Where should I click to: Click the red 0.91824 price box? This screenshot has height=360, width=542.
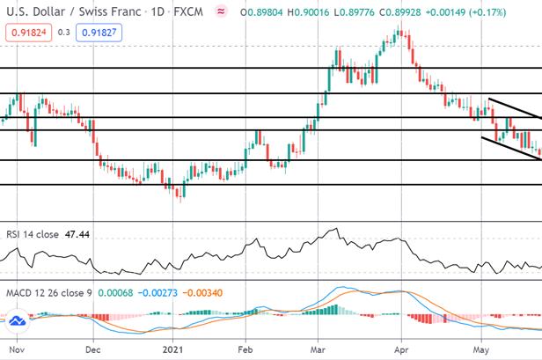coord(29,33)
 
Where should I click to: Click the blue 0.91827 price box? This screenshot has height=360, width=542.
coord(99,33)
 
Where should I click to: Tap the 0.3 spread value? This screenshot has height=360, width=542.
coord(64,33)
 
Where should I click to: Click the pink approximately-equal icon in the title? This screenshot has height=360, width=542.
coord(221,11)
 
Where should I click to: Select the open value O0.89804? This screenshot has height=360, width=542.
coord(261,12)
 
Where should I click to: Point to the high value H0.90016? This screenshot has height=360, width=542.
coord(308,12)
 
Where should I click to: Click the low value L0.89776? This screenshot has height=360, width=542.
coord(354,12)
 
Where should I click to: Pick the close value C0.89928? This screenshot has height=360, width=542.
coord(400,12)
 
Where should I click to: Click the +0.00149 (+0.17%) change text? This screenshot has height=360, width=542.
coord(465,12)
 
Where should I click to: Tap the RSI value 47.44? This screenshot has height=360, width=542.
coord(77,234)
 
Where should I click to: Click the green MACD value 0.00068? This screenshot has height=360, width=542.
coord(115,293)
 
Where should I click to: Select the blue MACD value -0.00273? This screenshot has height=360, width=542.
coord(157,293)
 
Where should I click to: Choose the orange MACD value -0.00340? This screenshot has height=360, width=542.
coord(202,293)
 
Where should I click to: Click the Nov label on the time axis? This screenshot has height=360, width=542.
coord(17,349)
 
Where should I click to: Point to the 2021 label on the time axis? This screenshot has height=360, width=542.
coord(172,349)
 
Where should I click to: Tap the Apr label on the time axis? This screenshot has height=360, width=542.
coord(401,349)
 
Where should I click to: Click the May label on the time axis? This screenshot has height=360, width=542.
coord(480,350)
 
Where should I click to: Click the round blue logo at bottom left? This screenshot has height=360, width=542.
coord(18,320)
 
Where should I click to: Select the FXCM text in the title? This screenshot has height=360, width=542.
coord(188,11)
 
